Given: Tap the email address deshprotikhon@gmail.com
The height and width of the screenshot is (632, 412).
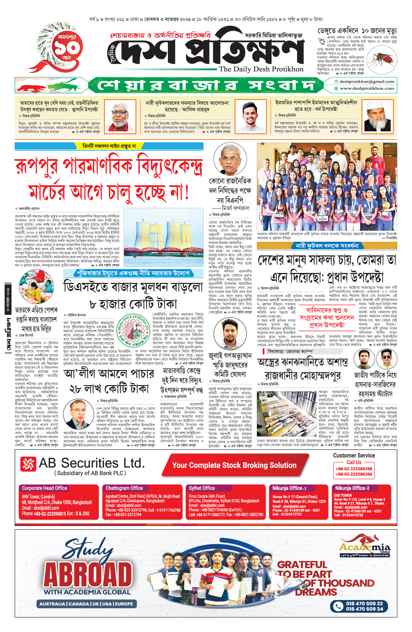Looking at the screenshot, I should pyautogui.click(x=367, y=82).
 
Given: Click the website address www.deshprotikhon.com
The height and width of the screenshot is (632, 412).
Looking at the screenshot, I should pyautogui.click(x=367, y=88).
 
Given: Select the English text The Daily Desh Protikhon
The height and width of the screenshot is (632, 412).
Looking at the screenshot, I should pyautogui.click(x=261, y=69).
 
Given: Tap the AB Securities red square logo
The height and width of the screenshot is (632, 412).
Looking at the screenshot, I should pyautogui.click(x=28, y=464).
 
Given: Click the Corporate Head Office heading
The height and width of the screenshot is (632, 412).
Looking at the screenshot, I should pyautogui.click(x=44, y=488).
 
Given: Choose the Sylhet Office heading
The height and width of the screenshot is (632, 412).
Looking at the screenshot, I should pyautogui.click(x=202, y=488).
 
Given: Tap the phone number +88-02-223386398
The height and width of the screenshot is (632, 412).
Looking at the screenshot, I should pyautogui.click(x=354, y=469).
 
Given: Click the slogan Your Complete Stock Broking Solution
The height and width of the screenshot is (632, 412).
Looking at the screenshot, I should pyautogui.click(x=234, y=465).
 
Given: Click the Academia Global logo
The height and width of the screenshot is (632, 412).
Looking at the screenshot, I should pyautogui.click(x=365, y=548).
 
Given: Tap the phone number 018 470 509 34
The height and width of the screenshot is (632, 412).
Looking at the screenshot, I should pyautogui.click(x=364, y=609).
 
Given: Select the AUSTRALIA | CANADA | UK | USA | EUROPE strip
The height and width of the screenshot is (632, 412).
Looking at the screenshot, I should pyautogui.click(x=86, y=604).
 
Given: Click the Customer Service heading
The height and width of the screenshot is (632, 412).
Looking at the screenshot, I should pyautogui.click(x=354, y=455).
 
